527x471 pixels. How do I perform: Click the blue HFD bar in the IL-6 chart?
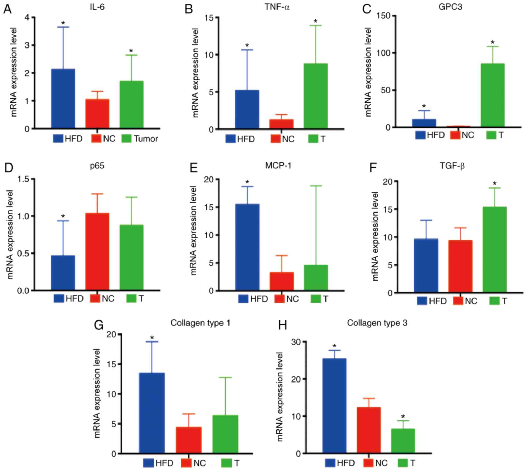pos(63,99)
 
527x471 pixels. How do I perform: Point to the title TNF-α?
pos(277,7)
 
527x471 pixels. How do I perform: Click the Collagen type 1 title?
pos(200,323)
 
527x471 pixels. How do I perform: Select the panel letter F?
pos(373,168)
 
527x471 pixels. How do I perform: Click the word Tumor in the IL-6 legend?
pos(146,139)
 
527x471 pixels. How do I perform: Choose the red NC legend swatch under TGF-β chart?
pos(458,301)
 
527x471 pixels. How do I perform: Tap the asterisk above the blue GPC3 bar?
pos(424,106)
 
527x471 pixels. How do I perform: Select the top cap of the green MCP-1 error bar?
pos(316,186)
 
